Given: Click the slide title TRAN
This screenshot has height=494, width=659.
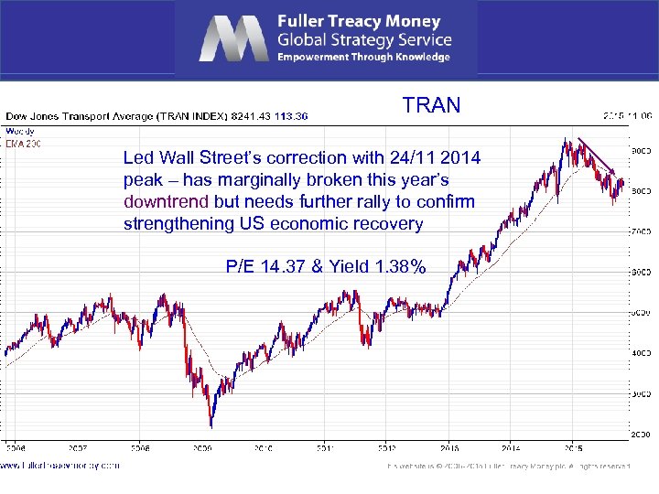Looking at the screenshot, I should point(431,105).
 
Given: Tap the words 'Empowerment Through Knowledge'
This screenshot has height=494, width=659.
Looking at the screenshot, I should point(363,57).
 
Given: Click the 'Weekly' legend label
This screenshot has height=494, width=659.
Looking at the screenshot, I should point(18,131).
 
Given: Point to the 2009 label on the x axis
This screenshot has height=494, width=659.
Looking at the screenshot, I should point(202,448).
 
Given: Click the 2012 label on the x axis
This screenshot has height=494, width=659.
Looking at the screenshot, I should point(388,448).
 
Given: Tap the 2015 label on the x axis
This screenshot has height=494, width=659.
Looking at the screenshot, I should point(574,448).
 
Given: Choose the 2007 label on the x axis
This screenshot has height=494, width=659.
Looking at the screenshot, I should point(78,448).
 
